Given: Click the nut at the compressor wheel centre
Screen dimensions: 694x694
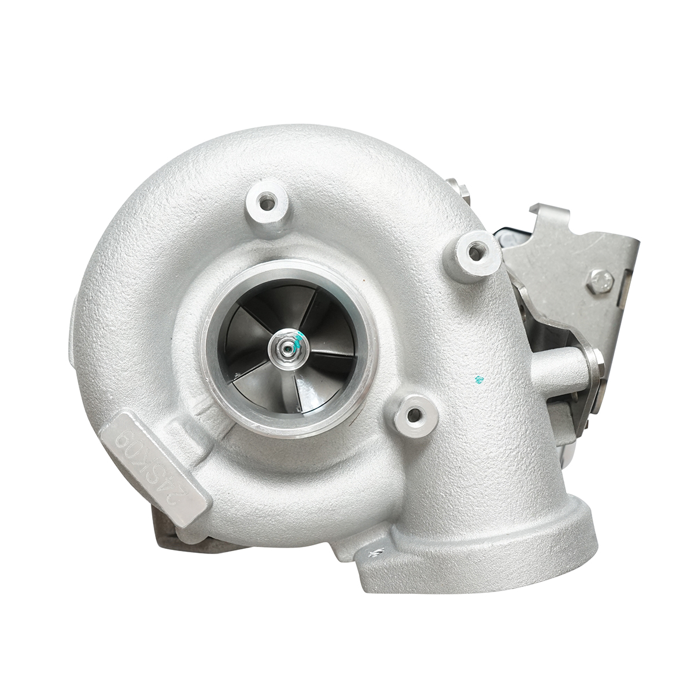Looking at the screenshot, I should (286, 347).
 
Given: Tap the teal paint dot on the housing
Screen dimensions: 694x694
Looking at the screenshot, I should (478, 380).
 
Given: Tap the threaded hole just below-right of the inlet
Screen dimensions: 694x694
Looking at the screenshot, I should (412, 414).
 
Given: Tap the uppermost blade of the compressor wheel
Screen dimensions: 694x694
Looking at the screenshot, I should (289, 307).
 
